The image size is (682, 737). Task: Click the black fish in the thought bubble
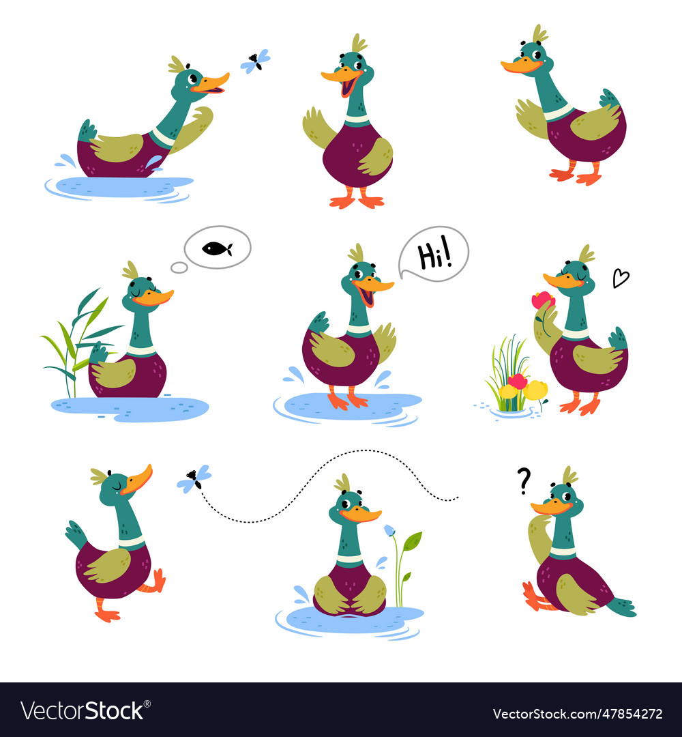pyautogui.click(x=217, y=248)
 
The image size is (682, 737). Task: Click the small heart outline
pyautogui.click(x=620, y=278)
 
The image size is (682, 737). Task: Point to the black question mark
pyautogui.click(x=524, y=480)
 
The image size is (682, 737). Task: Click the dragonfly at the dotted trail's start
pyautogui.click(x=194, y=478)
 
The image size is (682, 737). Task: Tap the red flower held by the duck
pyautogui.click(x=543, y=300)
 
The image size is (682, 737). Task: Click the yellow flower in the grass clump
pyautogui.click(x=536, y=390)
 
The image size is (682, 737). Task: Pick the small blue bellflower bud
pyautogui.click(x=389, y=530)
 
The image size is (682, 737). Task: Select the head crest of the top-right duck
pyautogui.click(x=540, y=33)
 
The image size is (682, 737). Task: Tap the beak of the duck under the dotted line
pyautogui.click(x=361, y=514)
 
